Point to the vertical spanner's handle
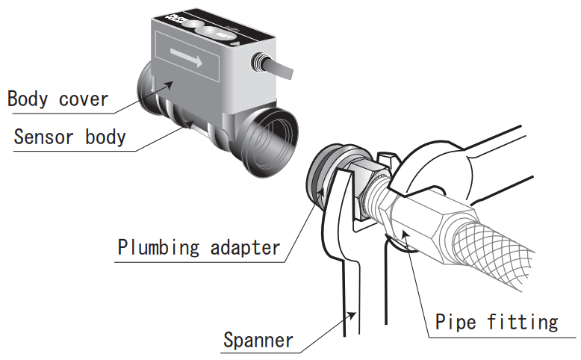click(x=350, y=299)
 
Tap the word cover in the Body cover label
click(x=85, y=99)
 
